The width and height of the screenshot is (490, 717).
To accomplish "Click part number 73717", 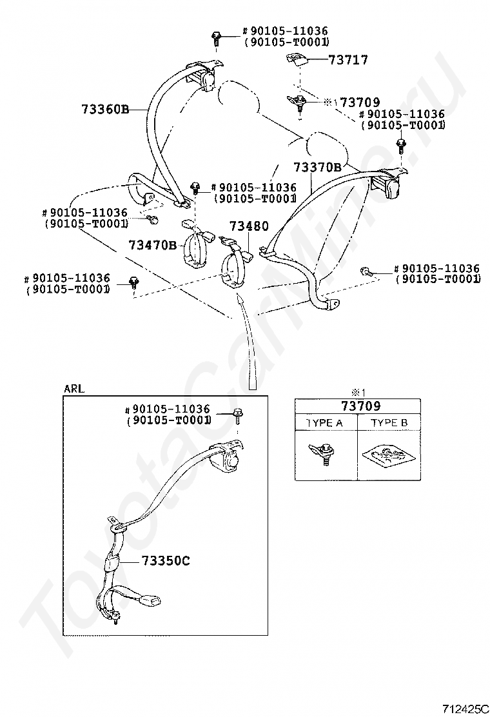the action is point(348,60).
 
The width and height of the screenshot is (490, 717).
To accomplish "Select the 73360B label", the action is point(105,109).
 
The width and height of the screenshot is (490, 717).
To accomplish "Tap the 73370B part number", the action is point(317,168).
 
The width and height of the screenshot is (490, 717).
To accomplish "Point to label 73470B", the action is point(152,246).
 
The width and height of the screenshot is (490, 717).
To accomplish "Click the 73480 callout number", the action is point(249,226).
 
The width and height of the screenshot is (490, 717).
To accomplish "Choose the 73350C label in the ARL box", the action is point(166,560).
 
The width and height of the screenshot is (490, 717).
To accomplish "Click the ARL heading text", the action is point(73,389).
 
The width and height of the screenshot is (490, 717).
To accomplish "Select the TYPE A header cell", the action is point(324,423).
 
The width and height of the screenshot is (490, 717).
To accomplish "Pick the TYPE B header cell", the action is point(389,423).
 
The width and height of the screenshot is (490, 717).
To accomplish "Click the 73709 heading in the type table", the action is point(360,406).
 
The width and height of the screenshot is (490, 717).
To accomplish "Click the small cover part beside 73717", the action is point(295,59).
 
